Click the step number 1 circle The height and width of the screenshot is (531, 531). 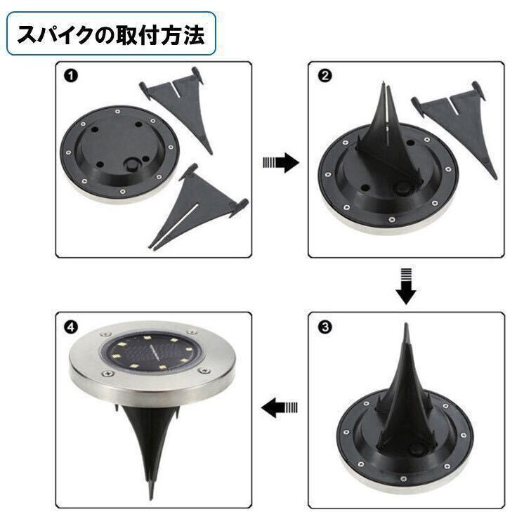[x=71, y=76]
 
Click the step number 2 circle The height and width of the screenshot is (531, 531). [x=325, y=76]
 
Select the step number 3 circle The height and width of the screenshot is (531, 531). [x=325, y=327]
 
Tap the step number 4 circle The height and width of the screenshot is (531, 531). [x=71, y=327]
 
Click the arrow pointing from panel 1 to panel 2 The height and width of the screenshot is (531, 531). [x=281, y=162]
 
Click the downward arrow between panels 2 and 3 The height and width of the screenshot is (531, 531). [x=406, y=287]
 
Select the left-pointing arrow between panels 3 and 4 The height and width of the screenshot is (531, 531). [x=280, y=407]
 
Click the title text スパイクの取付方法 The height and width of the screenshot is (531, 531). [x=111, y=35]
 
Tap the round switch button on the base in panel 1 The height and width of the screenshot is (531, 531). [x=132, y=166]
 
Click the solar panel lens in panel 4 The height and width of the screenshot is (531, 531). [x=148, y=352]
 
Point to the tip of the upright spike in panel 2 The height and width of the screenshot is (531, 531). [x=383, y=83]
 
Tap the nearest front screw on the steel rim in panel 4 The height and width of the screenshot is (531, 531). [x=108, y=373]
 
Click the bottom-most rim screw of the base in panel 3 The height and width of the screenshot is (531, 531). [x=403, y=479]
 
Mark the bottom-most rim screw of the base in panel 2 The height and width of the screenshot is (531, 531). [x=392, y=220]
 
